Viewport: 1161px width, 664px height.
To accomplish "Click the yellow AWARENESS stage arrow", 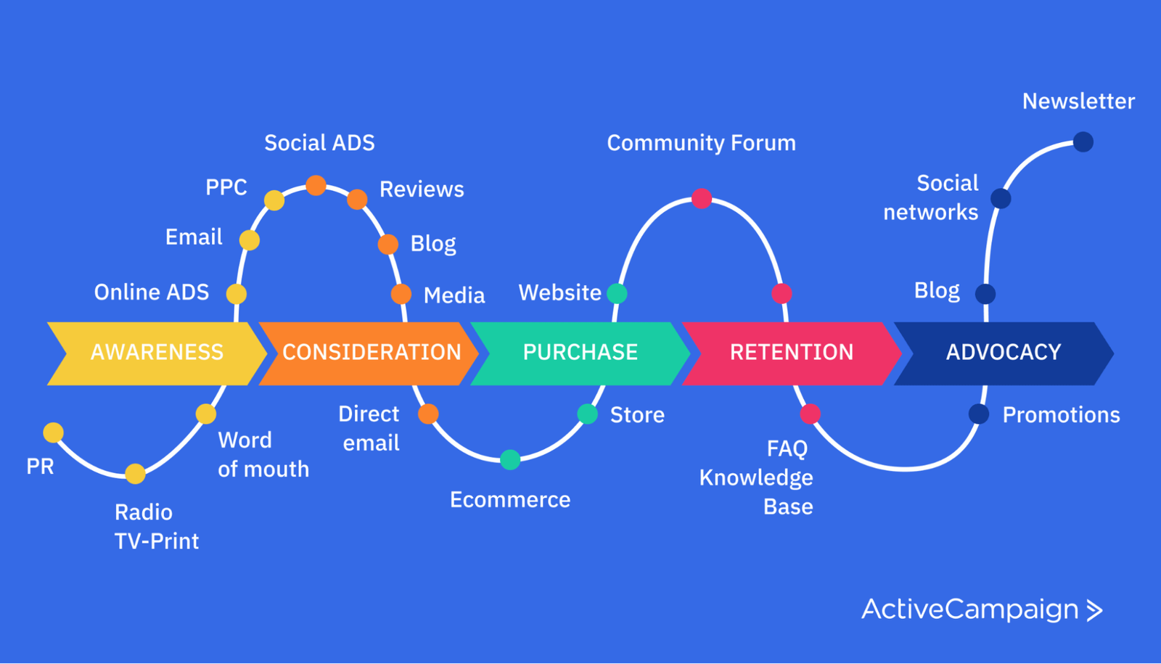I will (x=156, y=353).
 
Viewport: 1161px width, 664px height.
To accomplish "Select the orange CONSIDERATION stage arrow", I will (x=371, y=353).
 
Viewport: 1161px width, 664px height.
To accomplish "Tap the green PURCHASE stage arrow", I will (x=580, y=353).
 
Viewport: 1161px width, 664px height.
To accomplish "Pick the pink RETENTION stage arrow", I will (x=791, y=353).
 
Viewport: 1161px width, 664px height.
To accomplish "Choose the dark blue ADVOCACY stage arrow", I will (x=1004, y=353).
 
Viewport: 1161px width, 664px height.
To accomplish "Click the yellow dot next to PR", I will (x=53, y=433).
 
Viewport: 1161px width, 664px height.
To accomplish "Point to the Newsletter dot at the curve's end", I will (x=1083, y=142).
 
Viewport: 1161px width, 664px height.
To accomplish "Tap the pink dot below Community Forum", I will (x=701, y=198).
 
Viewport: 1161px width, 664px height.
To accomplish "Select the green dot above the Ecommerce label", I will (x=510, y=459).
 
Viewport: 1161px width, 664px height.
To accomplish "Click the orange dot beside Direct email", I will (x=428, y=414).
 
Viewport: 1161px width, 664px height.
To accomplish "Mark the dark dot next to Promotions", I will (x=979, y=414).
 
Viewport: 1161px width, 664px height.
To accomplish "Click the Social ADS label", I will (x=319, y=143).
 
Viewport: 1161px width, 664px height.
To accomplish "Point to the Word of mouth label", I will (x=263, y=455).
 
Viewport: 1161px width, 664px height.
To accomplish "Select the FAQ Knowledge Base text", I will (x=757, y=477).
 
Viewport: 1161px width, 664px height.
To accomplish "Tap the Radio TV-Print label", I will (x=156, y=527).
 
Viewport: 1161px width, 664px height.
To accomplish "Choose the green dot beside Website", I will (x=617, y=293).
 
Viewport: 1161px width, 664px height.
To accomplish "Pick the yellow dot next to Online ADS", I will (x=236, y=294).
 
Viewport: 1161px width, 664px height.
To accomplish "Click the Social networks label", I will (x=932, y=197).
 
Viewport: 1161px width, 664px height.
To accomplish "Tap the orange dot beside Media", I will (x=401, y=294).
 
